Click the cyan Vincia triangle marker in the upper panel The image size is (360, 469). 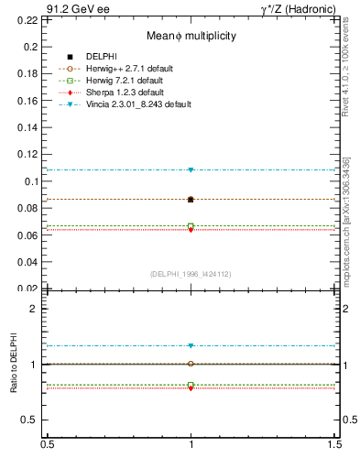tap(191, 169)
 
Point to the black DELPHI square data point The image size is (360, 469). tap(191, 199)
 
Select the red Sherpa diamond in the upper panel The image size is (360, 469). tap(191, 229)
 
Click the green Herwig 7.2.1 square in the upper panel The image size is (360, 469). tap(191, 225)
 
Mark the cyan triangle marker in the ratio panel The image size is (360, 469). tap(191, 345)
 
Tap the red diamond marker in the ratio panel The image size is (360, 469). tap(191, 388)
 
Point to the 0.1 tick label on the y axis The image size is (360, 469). tap(33, 181)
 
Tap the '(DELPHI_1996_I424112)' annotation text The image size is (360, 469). tap(191, 274)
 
